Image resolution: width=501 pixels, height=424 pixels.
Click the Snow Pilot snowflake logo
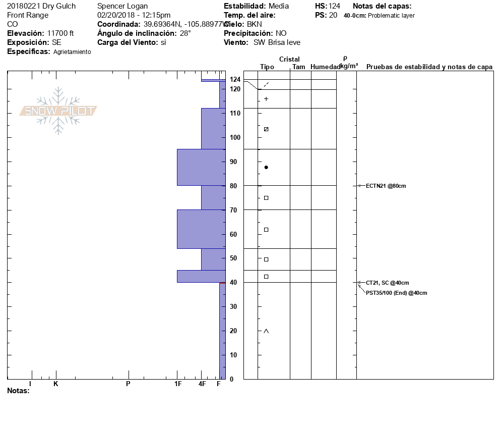pyautogui.click(x=58, y=111)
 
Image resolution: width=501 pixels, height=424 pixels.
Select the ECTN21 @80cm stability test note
pyautogui.click(x=386, y=186)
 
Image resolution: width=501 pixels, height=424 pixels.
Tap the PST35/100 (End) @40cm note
pyautogui.click(x=396, y=293)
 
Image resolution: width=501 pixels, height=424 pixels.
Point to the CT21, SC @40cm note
pyautogui.click(x=387, y=283)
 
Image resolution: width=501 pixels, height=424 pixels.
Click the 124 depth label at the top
pyautogui.click(x=235, y=79)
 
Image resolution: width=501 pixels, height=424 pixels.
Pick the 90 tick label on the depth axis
pyautogui.click(x=233, y=162)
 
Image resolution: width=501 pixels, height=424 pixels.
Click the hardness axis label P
pyautogui.click(x=128, y=384)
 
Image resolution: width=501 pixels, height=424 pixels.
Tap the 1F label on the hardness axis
pyautogui.click(x=178, y=384)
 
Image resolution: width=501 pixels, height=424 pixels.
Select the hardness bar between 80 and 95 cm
pyautogui.click(x=201, y=168)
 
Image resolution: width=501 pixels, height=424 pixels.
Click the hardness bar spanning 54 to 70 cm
pyautogui.click(x=201, y=229)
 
